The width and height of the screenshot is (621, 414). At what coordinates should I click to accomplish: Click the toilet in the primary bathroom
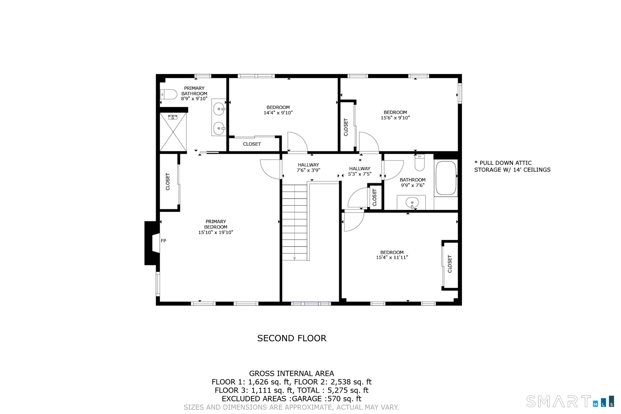169,94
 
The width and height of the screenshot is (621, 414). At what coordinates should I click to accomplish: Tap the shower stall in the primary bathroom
173,132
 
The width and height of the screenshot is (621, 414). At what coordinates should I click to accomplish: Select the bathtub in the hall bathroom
446,178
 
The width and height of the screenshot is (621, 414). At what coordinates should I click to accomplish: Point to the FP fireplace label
164,241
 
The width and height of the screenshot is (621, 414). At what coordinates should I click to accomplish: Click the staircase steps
294,222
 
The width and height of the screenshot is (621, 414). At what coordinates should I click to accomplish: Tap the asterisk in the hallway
360,160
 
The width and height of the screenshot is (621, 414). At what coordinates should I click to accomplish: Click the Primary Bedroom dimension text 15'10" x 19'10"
216,232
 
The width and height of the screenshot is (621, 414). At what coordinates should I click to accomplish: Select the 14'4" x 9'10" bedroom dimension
278,113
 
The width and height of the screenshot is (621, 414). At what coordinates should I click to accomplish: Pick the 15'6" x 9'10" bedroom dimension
395,118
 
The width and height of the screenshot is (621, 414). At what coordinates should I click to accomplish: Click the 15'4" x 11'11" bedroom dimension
392,258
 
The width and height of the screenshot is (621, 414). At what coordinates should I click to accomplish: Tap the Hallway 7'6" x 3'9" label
309,167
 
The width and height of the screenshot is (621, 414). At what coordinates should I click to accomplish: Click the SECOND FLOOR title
292,338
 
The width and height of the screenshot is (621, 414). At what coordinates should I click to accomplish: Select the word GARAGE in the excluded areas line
307,399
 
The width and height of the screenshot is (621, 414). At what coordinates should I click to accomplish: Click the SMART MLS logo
570,402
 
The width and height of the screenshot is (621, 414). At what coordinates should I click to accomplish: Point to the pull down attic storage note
512,166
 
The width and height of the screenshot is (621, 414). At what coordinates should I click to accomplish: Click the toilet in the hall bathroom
419,163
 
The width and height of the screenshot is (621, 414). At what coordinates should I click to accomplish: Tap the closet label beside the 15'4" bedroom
450,264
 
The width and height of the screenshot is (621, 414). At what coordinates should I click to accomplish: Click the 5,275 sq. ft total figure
348,390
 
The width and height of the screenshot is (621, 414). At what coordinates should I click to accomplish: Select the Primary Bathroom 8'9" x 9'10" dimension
194,99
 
